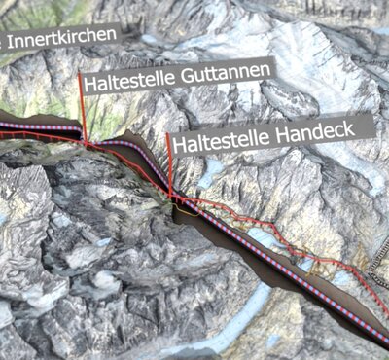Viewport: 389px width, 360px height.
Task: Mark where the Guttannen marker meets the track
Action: click(x=85, y=143)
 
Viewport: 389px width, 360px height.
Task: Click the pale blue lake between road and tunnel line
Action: click(x=262, y=239)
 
